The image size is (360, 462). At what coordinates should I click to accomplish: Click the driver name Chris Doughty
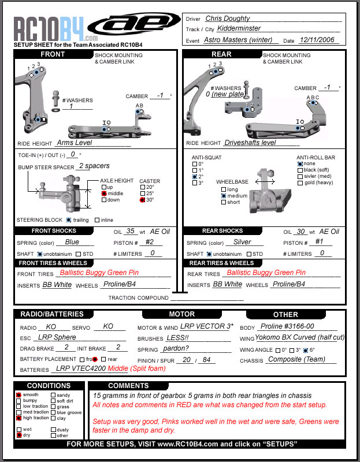[x=228, y=18]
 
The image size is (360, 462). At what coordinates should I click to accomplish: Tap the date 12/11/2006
[x=319, y=40]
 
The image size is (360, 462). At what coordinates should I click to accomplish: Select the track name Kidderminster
[x=233, y=28]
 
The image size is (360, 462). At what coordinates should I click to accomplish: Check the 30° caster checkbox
[x=142, y=200]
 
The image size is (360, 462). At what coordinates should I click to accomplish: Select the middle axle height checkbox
[x=104, y=193]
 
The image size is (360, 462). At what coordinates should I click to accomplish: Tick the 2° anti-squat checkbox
[x=194, y=177]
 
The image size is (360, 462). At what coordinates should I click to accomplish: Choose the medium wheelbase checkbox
[x=223, y=196]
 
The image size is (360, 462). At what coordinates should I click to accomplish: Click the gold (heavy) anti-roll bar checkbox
[x=300, y=183]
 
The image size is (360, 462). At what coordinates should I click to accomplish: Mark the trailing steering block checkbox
[x=69, y=220]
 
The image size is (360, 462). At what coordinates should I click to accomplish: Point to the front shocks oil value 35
[x=131, y=231]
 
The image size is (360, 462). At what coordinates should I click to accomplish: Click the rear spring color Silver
[x=242, y=242]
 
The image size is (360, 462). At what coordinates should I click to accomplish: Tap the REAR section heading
[x=205, y=54]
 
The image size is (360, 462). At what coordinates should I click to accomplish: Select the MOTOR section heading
[x=181, y=314]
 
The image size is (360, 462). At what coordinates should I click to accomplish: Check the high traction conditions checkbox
[x=18, y=418]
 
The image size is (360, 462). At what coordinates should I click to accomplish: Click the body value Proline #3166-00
[x=288, y=326]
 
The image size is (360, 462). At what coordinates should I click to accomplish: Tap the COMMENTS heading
[x=128, y=385]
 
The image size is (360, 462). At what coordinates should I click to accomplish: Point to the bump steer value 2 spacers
[x=94, y=166]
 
